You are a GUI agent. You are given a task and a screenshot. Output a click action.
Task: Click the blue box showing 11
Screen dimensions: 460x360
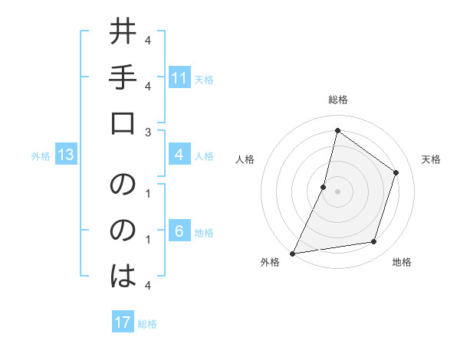click(x=179, y=78)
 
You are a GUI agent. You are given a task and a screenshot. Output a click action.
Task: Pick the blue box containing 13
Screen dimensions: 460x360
click(x=66, y=155)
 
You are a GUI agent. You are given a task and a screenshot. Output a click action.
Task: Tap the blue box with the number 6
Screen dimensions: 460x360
click(x=179, y=232)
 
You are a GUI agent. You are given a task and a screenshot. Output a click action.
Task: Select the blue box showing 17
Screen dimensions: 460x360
click(x=123, y=322)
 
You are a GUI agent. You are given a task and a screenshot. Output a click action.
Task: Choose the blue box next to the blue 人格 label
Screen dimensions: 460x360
click(x=179, y=155)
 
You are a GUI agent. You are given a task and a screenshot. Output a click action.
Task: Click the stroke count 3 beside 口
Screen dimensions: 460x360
click(x=148, y=132)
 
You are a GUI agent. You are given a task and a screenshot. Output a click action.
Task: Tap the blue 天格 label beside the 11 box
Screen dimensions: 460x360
click(x=204, y=79)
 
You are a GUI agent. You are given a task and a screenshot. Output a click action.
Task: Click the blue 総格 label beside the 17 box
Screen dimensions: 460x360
click(x=147, y=323)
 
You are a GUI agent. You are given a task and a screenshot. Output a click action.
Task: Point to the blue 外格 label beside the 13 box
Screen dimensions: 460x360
click(x=41, y=156)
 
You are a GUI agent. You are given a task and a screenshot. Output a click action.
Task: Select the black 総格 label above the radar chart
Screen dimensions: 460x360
click(x=337, y=100)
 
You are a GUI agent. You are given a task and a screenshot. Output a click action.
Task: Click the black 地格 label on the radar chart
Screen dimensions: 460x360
click(x=402, y=262)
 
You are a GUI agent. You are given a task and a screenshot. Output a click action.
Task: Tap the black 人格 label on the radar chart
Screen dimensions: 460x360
click(x=245, y=159)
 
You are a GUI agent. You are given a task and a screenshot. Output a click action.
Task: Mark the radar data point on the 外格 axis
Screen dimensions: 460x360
click(x=292, y=253)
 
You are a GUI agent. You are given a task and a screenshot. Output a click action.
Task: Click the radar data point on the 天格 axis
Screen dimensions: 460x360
click(x=396, y=172)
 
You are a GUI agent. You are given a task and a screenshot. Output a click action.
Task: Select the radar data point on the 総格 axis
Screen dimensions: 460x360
click(x=337, y=130)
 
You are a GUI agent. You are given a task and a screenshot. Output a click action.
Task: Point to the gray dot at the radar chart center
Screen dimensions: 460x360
click(x=337, y=191)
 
